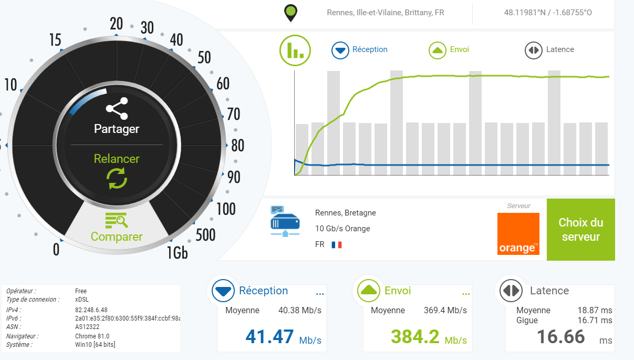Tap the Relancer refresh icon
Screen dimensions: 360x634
117,178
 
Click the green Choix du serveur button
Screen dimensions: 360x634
580,230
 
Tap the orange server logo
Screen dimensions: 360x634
518,234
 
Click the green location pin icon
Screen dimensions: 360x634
290,13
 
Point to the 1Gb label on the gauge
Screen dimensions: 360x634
178,253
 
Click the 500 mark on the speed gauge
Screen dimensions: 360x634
205,235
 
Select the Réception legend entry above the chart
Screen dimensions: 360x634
360,50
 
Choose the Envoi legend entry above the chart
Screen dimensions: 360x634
450,50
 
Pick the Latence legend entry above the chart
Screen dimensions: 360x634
550,50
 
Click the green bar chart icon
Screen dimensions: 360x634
295,50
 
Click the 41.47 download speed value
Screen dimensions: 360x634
269,336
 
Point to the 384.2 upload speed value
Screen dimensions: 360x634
415,336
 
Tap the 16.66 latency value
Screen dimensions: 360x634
561,336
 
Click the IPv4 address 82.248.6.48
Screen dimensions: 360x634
91,310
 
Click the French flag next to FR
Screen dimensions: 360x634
337,245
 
